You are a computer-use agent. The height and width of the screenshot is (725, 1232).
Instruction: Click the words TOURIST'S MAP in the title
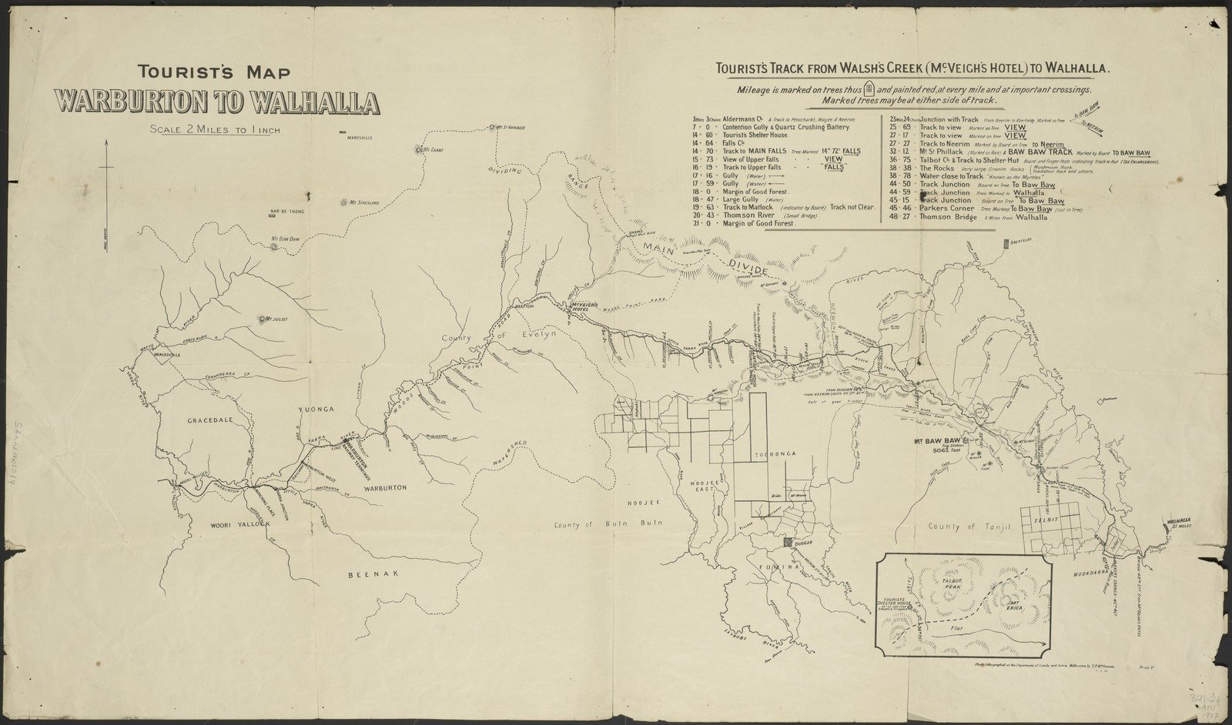pyautogui.click(x=214, y=73)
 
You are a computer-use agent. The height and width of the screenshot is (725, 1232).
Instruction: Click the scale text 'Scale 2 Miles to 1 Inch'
pyautogui.click(x=216, y=129)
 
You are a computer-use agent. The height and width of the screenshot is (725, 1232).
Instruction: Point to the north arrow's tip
pyautogui.click(x=106, y=142)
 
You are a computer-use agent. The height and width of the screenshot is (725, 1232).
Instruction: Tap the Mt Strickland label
pyautogui.click(x=366, y=202)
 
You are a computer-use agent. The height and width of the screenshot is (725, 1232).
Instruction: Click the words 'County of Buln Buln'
pyautogui.click(x=608, y=525)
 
